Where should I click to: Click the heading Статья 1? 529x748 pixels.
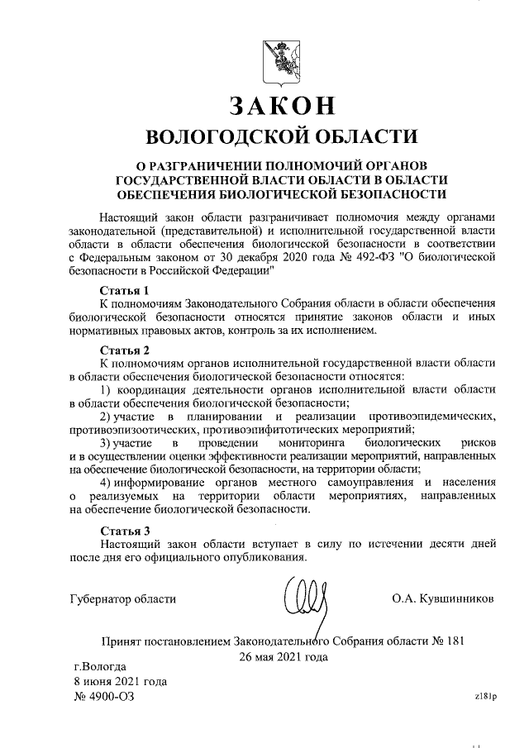pos(124,291)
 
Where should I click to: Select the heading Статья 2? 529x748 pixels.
pos(124,350)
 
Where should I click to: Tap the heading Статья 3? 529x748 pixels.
pos(124,530)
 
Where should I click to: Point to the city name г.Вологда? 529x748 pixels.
pos(100,666)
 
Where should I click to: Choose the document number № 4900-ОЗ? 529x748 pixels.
pos(103,697)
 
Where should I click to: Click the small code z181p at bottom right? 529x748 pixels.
pos(485,696)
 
